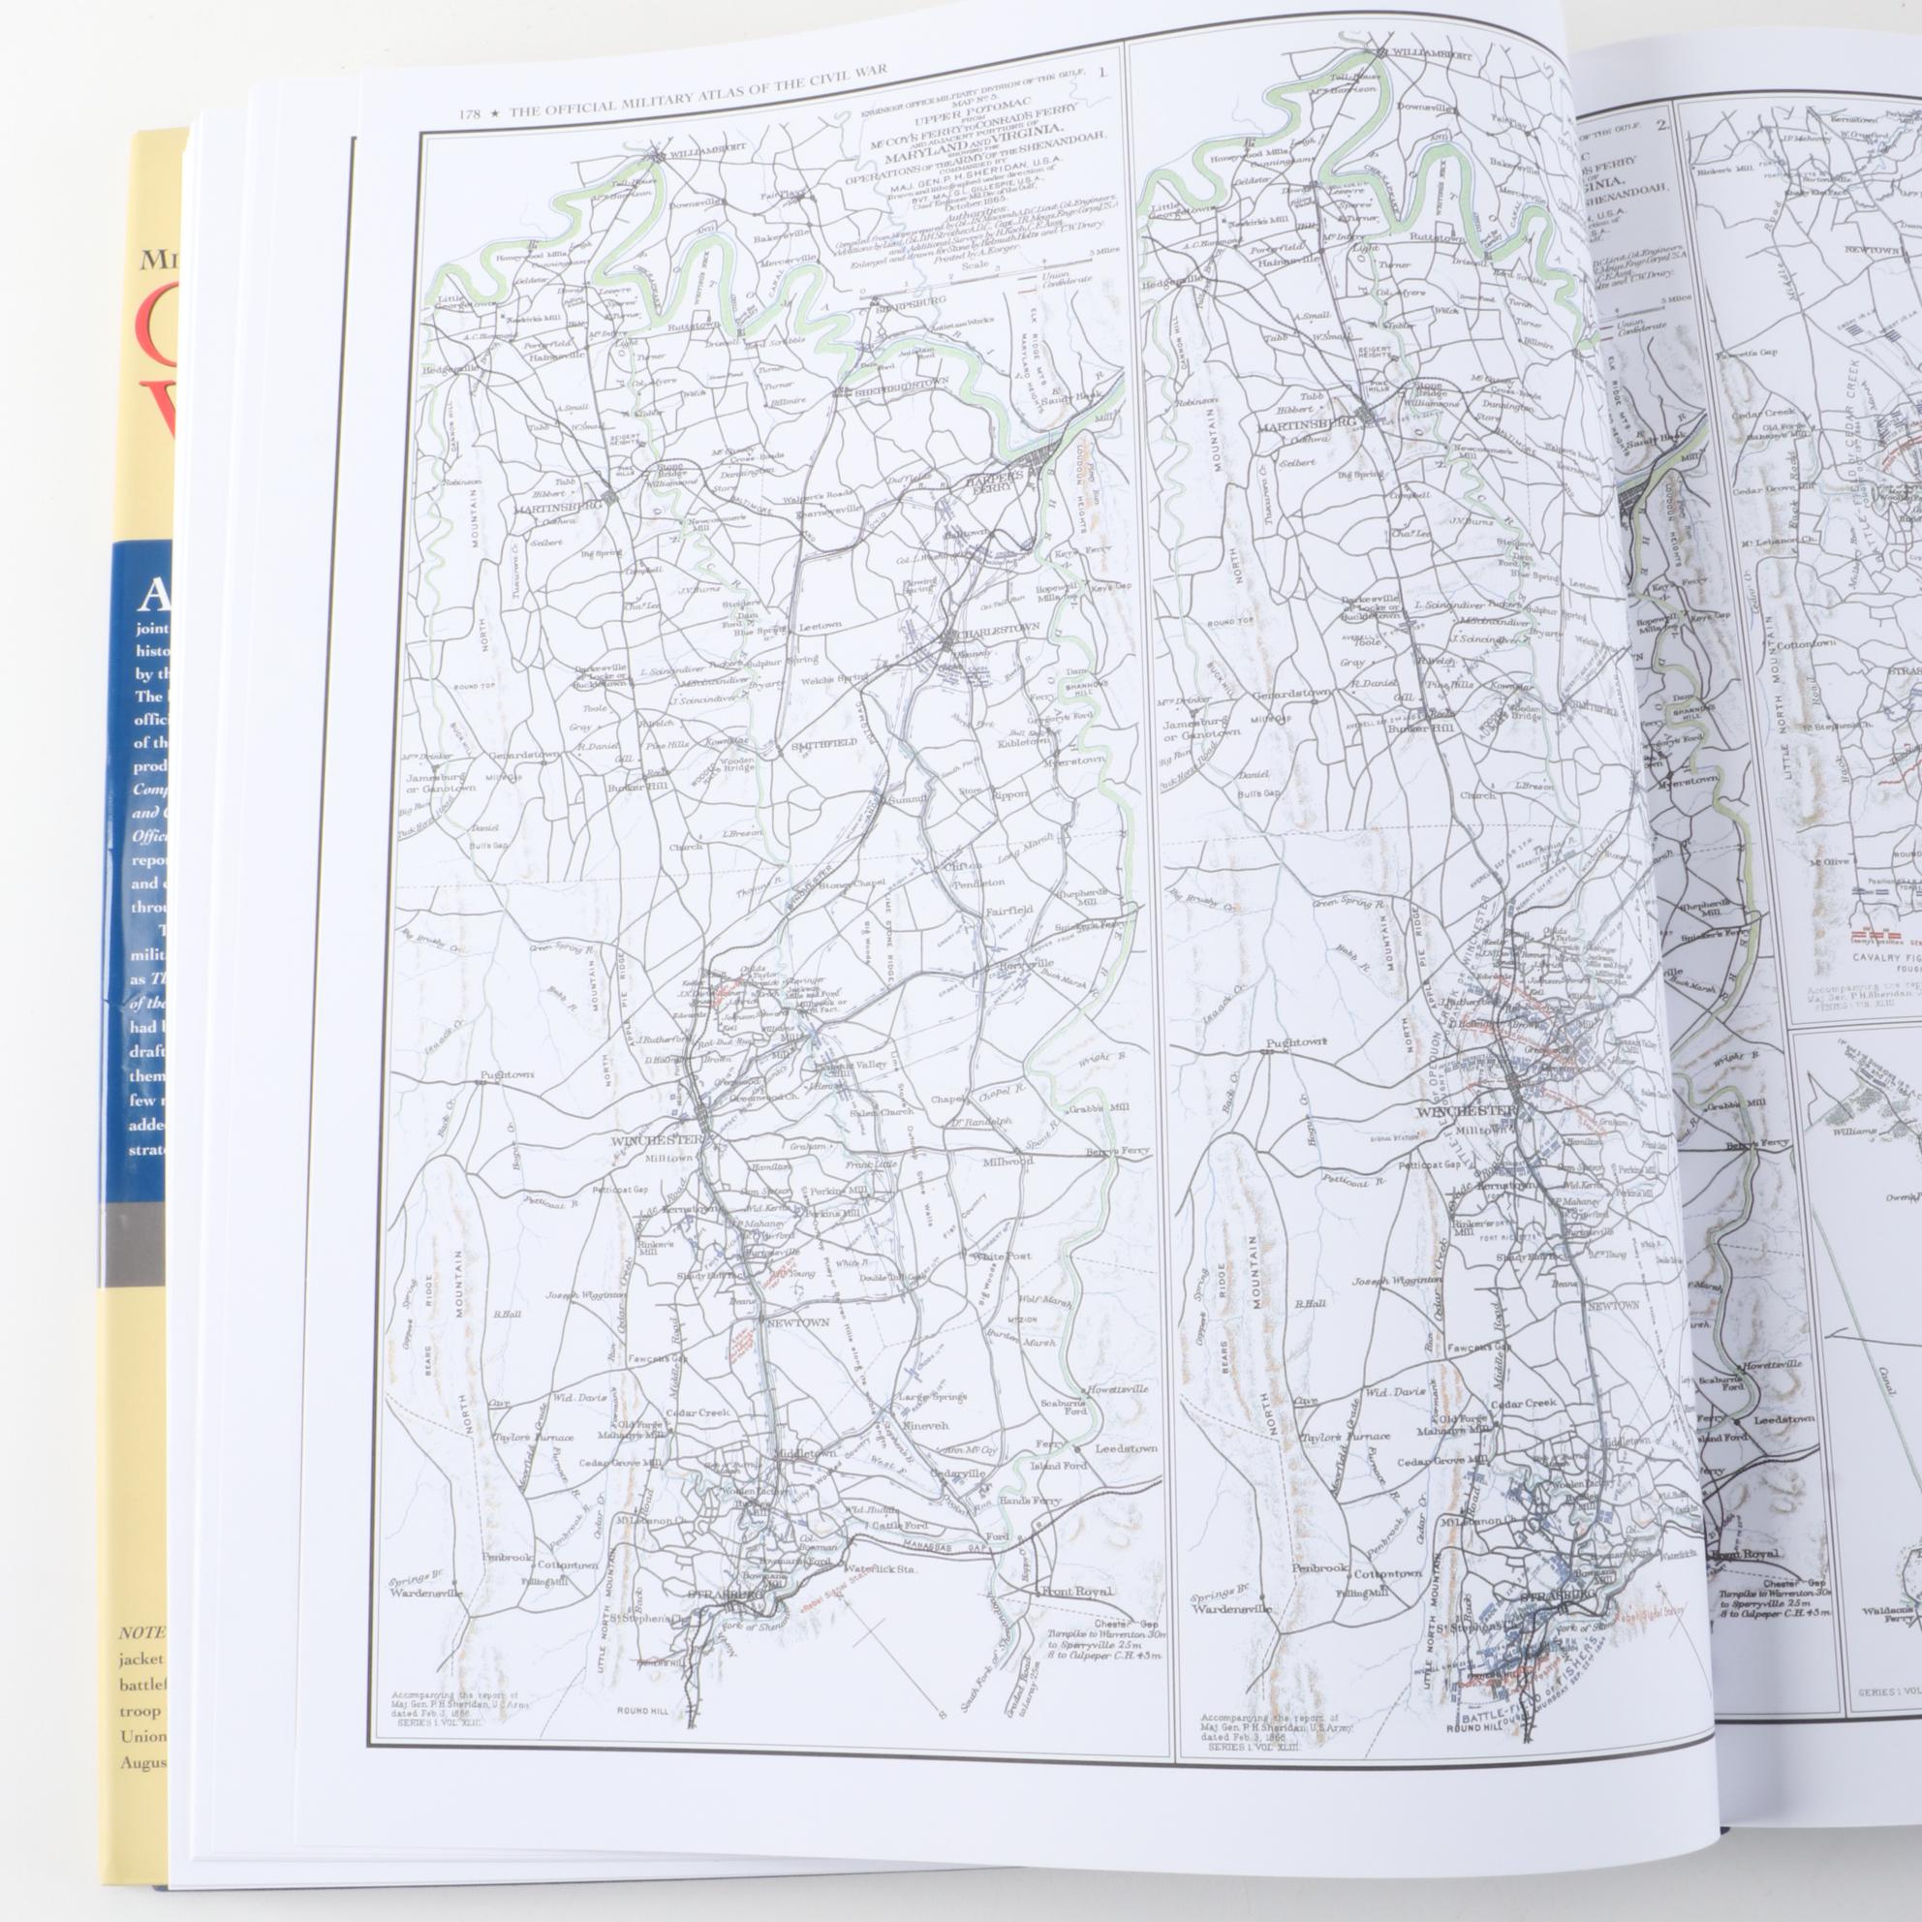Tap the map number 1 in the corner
pos(1101,73)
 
